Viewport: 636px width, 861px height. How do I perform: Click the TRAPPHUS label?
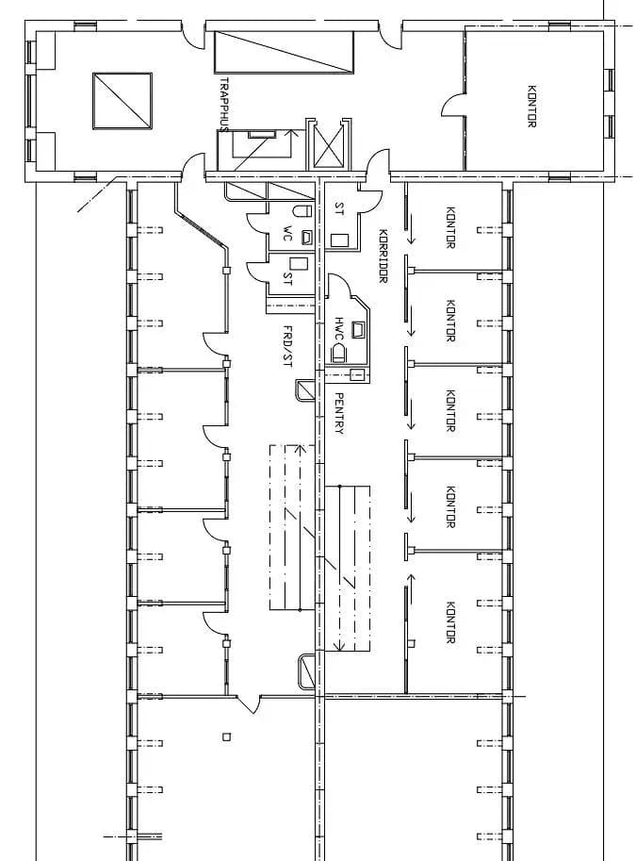pos(224,105)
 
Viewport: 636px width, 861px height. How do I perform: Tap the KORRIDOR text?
pos(383,256)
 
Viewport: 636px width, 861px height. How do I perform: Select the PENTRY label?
pos(339,413)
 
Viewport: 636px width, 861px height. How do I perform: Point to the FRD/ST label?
pos(287,346)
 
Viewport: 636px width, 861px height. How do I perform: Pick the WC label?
pos(287,233)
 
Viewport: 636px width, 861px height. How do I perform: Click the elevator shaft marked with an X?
pos(328,145)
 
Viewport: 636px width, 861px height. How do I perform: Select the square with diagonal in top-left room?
pos(122,101)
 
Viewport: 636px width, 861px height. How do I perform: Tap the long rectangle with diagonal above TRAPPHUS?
pos(284,52)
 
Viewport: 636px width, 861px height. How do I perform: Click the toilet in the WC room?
pos(302,211)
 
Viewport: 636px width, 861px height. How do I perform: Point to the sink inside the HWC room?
pos(358,329)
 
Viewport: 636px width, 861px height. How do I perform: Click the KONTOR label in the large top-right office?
pos(531,106)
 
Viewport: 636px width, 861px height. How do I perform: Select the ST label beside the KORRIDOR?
pos(340,208)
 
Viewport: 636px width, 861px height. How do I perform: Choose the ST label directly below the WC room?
pos(287,278)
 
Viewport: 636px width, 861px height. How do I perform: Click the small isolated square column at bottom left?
pos(226,737)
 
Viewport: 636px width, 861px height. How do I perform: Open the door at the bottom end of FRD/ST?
pos(248,704)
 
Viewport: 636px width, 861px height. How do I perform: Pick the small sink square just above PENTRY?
pos(357,375)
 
